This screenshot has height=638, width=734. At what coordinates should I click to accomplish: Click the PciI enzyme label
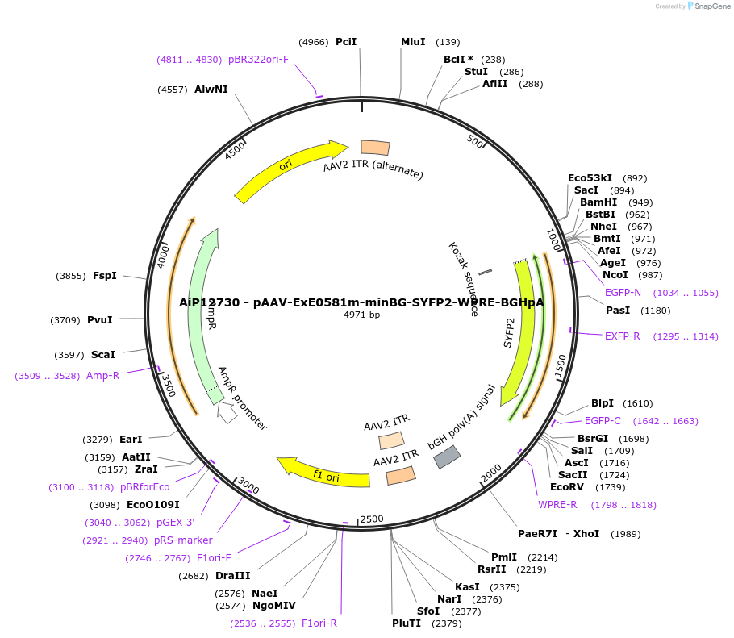click(346, 41)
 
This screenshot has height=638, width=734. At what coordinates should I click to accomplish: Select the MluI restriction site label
click(413, 41)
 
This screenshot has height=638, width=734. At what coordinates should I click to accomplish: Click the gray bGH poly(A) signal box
click(447, 457)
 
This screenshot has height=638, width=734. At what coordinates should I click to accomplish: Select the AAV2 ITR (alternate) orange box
click(375, 147)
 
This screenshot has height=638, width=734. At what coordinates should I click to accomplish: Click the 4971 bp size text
click(361, 315)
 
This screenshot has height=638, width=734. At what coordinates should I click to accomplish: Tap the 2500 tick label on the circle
click(371, 519)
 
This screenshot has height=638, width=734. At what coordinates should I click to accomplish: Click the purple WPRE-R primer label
click(557, 505)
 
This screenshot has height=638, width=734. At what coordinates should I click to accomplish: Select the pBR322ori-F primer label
click(258, 60)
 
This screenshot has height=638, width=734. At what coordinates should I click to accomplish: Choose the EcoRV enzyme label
click(566, 487)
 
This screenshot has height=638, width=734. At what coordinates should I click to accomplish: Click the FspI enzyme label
click(105, 276)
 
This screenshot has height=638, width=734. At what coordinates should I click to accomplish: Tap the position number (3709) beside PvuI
click(65, 320)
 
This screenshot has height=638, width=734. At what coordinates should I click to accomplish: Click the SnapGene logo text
click(713, 6)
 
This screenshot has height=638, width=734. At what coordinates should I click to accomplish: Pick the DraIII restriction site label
click(233, 576)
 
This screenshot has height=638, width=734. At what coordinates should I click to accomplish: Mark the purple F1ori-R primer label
click(319, 623)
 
